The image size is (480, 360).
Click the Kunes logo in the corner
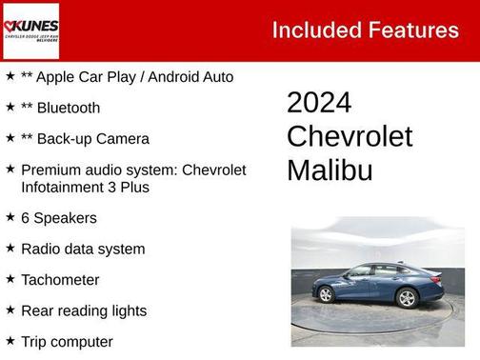coord(30,30)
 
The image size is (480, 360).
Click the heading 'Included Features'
coord(365,30)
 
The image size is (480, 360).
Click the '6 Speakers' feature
coord(58,218)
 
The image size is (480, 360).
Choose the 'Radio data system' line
coord(83,250)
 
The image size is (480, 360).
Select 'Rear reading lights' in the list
coord(84,310)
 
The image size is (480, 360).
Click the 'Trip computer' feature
coord(67,341)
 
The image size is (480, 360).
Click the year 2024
coord(319,103)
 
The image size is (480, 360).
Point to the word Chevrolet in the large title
coord(350,136)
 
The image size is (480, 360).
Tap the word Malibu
coord(330,170)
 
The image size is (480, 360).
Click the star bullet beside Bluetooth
coord(10,107)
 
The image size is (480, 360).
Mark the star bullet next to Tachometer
coord(10,279)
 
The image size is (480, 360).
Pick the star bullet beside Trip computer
coord(10,340)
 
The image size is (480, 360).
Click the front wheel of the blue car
coord(326,295)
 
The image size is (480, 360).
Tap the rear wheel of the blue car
coord(407,298)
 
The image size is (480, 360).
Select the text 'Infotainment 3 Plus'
coord(85,187)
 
